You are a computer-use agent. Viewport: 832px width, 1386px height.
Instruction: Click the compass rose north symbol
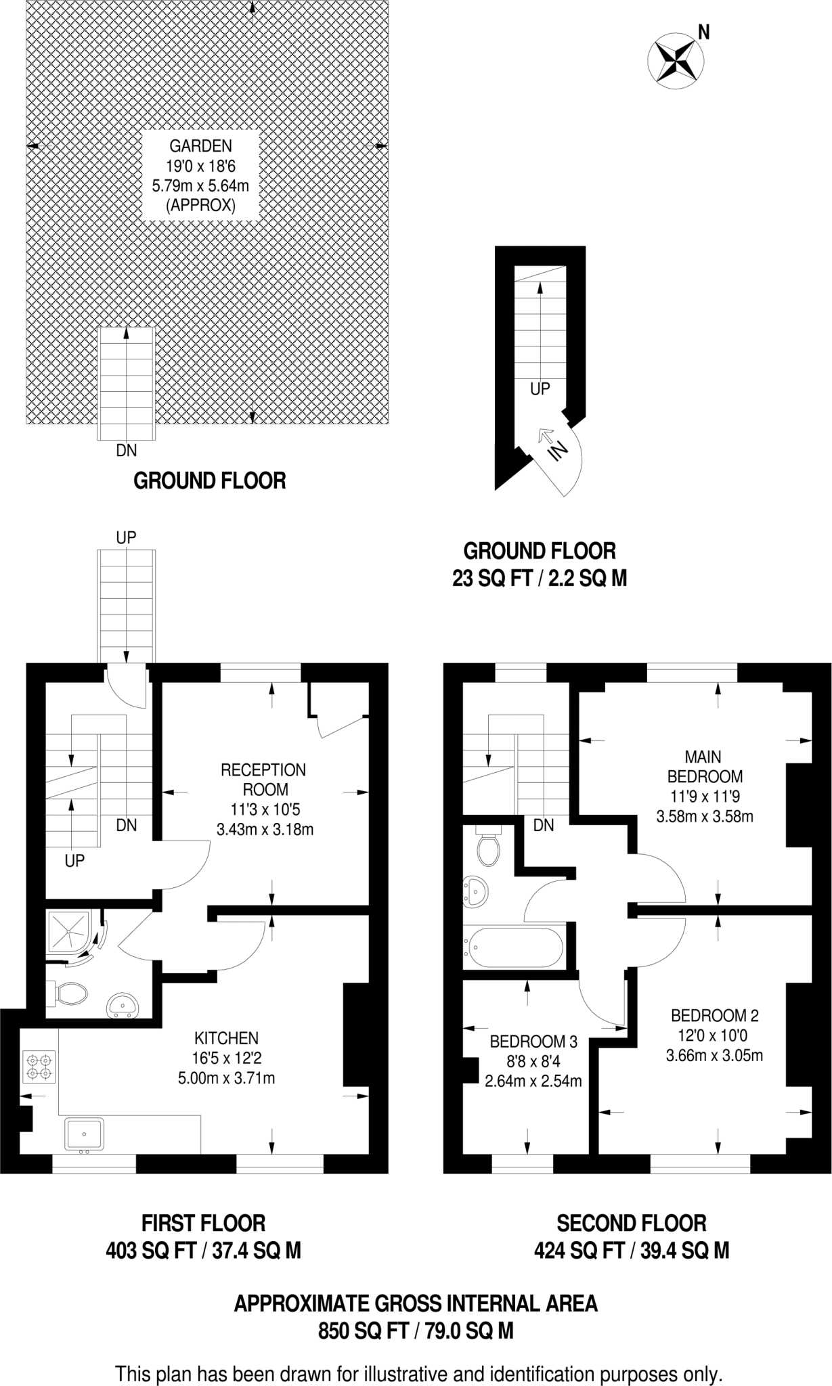pyautogui.click(x=674, y=61)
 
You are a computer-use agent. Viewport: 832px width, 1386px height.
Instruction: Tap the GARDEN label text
pyautogui.click(x=200, y=146)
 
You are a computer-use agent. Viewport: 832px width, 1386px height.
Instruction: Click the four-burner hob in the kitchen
pyautogui.click(x=39, y=1067)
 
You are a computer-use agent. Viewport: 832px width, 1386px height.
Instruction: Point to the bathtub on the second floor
pyautogui.click(x=512, y=947)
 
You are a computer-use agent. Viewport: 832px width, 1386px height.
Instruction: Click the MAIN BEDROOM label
pyautogui.click(x=704, y=766)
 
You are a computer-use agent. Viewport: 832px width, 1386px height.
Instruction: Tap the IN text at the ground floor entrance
pyautogui.click(x=557, y=450)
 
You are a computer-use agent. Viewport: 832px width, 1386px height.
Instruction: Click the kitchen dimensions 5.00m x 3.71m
pyautogui.click(x=226, y=1078)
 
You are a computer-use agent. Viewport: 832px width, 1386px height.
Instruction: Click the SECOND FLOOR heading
pyautogui.click(x=631, y=1223)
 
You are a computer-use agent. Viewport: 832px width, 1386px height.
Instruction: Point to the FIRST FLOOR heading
pyautogui.click(x=203, y=1223)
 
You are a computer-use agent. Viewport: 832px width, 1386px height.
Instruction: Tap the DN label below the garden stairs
pyautogui.click(x=127, y=450)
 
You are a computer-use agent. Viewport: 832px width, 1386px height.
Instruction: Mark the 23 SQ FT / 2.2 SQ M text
pyautogui.click(x=539, y=579)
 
